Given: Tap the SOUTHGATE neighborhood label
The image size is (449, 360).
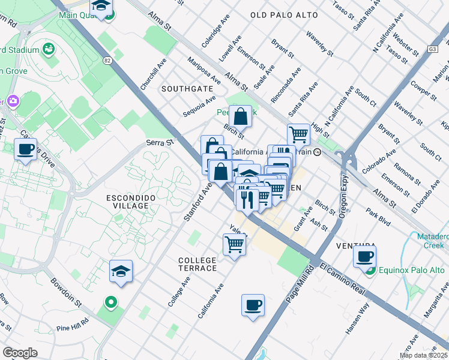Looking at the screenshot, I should point(187,89).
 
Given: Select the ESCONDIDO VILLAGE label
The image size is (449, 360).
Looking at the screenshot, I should point(127,202).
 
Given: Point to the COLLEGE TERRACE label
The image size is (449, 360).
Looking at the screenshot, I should point(197,263).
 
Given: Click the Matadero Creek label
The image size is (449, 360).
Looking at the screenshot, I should point(427,241).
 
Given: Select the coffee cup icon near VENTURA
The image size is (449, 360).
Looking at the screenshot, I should point(364,257).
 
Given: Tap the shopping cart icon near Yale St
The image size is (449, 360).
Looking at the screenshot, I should point(234,244).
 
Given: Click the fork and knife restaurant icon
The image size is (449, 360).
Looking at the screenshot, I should point(247,198).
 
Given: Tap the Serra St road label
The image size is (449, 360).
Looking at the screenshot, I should point(160,143).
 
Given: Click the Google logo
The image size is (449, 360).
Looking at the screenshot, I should point(20,352).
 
